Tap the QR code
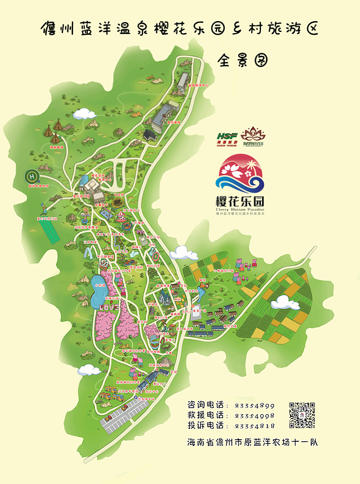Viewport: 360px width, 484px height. point(302,415)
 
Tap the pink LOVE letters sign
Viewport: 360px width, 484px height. point(108,307)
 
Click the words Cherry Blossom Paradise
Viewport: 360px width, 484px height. point(240,209)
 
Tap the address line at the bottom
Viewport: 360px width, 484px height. point(252,442)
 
